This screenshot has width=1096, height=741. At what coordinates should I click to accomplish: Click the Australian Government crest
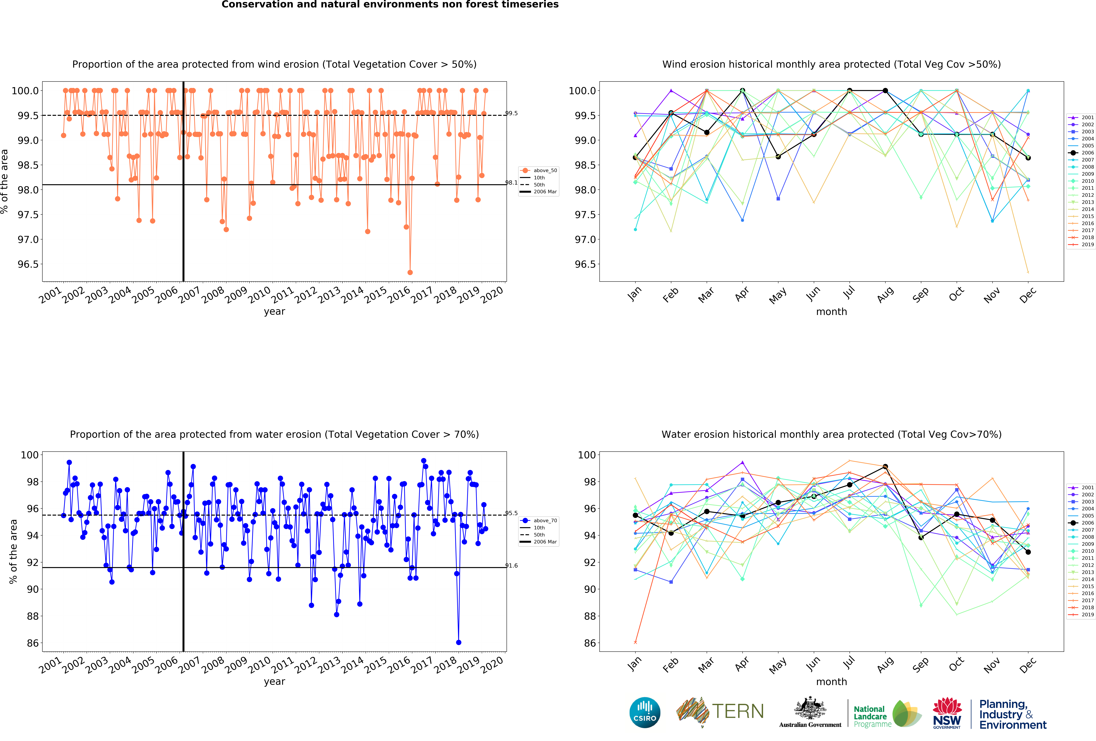pos(810,708)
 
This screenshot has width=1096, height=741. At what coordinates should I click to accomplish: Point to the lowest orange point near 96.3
pos(410,272)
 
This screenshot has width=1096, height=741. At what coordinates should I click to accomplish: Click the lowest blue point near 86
pos(458,642)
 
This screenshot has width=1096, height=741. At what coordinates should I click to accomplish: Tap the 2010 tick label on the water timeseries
pos(259,665)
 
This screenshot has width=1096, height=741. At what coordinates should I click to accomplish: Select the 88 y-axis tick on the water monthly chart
pos(589,616)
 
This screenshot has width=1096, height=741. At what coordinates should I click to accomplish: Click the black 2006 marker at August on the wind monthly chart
pos(885,91)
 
